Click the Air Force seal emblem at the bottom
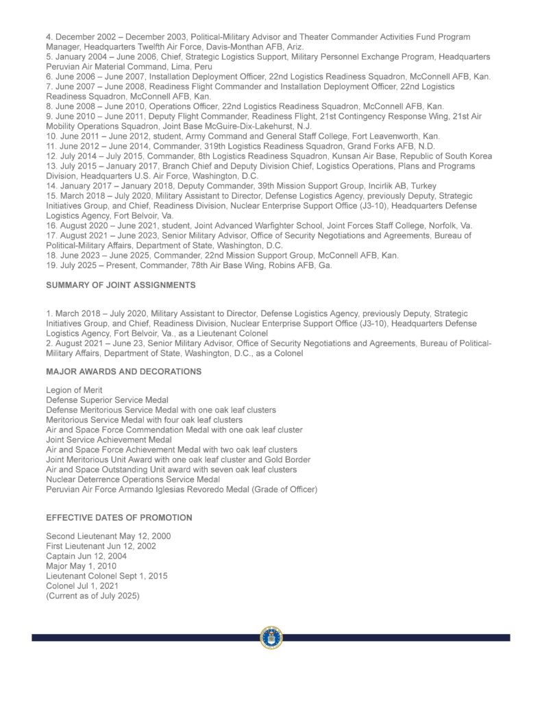pos(271,637)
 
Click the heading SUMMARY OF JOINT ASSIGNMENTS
pos(121,285)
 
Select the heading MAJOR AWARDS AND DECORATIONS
pos(123,371)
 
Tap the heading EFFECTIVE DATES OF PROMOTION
pos(119,517)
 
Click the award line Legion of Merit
pos(74,390)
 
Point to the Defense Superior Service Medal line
pos(107,400)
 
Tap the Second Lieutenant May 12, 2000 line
pos(108,535)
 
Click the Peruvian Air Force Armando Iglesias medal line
pos(182,489)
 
